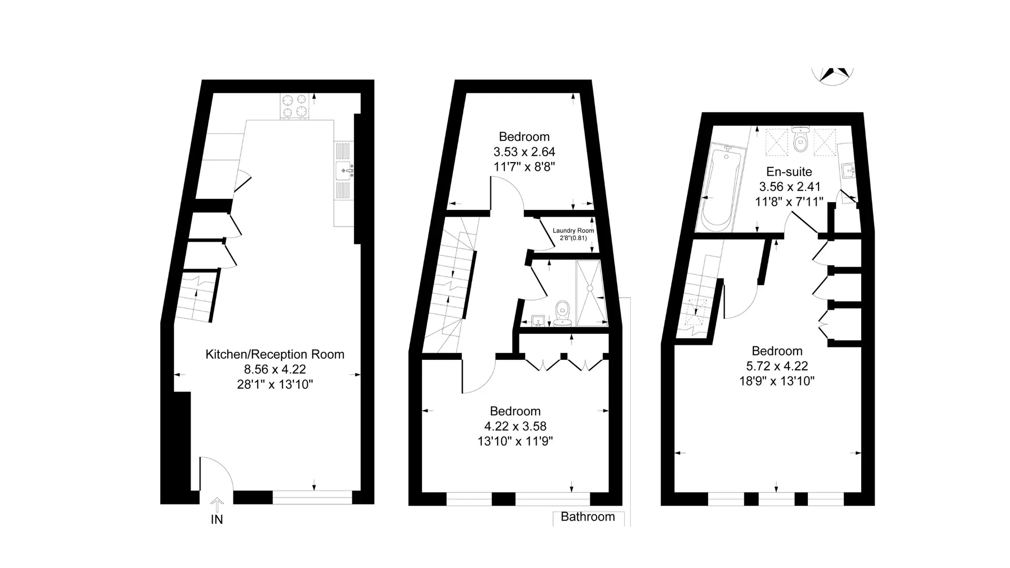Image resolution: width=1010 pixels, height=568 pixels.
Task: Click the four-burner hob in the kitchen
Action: click(x=296, y=106)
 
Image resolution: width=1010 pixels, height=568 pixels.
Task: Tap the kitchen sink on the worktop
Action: click(x=344, y=170)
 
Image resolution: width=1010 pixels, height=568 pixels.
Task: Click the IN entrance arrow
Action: click(x=217, y=505)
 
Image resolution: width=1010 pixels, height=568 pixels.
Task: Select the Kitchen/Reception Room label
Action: click(x=275, y=354)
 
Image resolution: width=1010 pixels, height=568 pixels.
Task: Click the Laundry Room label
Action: click(x=573, y=230)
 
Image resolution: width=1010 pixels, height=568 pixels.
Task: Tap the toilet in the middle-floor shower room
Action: click(x=563, y=313)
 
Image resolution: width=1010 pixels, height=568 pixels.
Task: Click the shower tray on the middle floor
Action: click(x=592, y=293)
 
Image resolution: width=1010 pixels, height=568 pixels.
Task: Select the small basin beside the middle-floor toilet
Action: click(x=538, y=320)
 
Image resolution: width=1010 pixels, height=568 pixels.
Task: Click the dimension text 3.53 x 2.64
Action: click(x=524, y=152)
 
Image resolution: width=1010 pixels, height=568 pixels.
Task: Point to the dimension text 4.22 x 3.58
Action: click(x=515, y=427)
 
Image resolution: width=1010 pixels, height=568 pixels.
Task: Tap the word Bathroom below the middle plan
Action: click(x=588, y=517)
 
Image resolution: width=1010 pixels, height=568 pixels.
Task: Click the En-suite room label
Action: click(x=789, y=172)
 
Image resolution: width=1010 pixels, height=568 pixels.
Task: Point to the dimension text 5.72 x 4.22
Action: click(x=777, y=366)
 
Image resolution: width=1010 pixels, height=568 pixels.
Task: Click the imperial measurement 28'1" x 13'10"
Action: click(x=275, y=384)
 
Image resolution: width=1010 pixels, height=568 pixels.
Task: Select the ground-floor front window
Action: click(x=312, y=498)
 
